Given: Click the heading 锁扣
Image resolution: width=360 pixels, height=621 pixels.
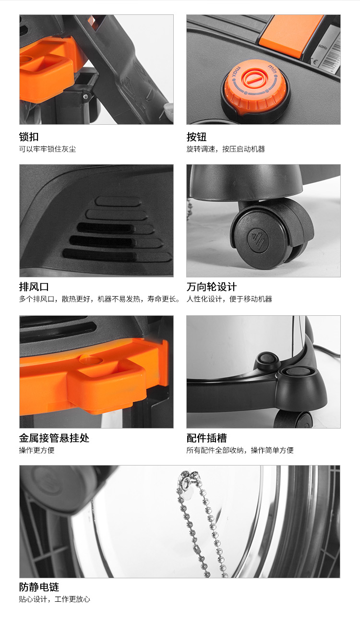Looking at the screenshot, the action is coord(29,137).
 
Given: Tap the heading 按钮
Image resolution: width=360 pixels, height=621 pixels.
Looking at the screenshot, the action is coord(196,137).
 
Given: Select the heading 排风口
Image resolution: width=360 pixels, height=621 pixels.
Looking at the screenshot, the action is coord(34,287).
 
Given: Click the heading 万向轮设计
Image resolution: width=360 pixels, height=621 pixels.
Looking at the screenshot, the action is coord(212,287).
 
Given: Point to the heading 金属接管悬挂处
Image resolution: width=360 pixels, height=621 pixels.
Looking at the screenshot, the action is coord(54,438).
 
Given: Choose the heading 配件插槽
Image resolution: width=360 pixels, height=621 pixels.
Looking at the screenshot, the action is coord(206,438).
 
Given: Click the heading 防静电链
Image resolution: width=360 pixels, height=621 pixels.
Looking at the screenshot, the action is coord(39,587).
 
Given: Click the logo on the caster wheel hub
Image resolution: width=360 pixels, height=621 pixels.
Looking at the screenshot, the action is coord(258,239).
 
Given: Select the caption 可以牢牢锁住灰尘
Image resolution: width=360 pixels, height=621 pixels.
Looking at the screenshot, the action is coord(48,149).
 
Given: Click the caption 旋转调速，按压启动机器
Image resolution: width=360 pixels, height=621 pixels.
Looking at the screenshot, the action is coord(226,149).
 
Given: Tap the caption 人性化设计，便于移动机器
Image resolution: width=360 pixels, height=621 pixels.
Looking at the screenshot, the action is coord(229,299).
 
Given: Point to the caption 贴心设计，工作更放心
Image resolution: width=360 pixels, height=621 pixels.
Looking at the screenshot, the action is coord(54,599).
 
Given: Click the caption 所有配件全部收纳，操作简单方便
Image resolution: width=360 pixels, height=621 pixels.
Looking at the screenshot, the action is coord(240,450).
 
